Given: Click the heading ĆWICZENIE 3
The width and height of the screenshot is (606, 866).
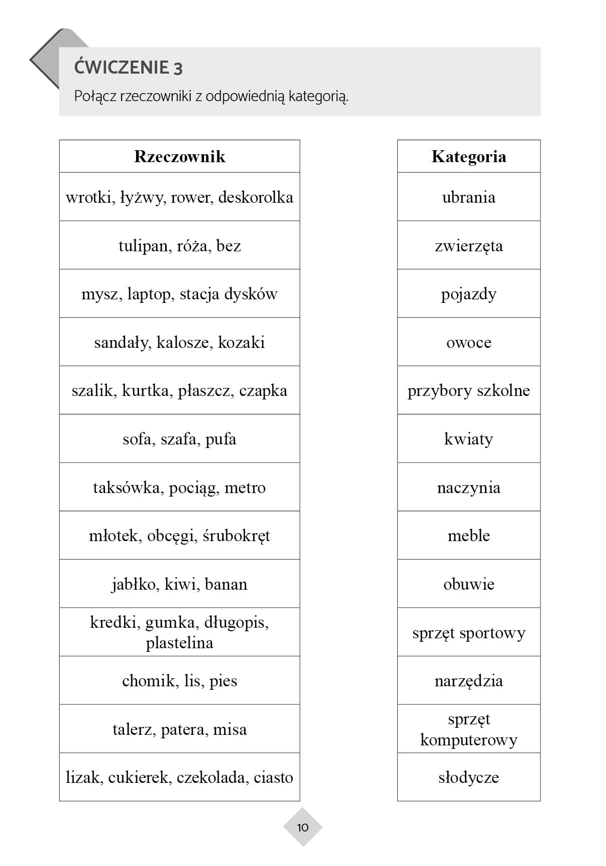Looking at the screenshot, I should pos(128,68).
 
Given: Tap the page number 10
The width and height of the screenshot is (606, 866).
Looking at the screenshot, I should pos(303,827).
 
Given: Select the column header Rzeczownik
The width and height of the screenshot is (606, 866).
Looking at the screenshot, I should pos(180,157).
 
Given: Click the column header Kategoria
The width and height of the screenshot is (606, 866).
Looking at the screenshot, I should pos(468,157).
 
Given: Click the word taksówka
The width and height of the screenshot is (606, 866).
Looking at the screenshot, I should pos(126,488).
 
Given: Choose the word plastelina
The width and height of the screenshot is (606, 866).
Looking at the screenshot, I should pos(179,643).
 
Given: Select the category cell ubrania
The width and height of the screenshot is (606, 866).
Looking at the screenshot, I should pos(468,197).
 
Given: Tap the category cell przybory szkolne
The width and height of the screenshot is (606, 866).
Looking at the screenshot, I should pos(468,390).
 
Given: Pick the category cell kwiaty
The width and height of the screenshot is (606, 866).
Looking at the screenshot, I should pos(468,439).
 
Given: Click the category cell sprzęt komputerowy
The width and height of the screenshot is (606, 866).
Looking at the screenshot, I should pos(468,729).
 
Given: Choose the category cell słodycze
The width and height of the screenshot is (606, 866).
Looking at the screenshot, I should pos(468,777).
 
